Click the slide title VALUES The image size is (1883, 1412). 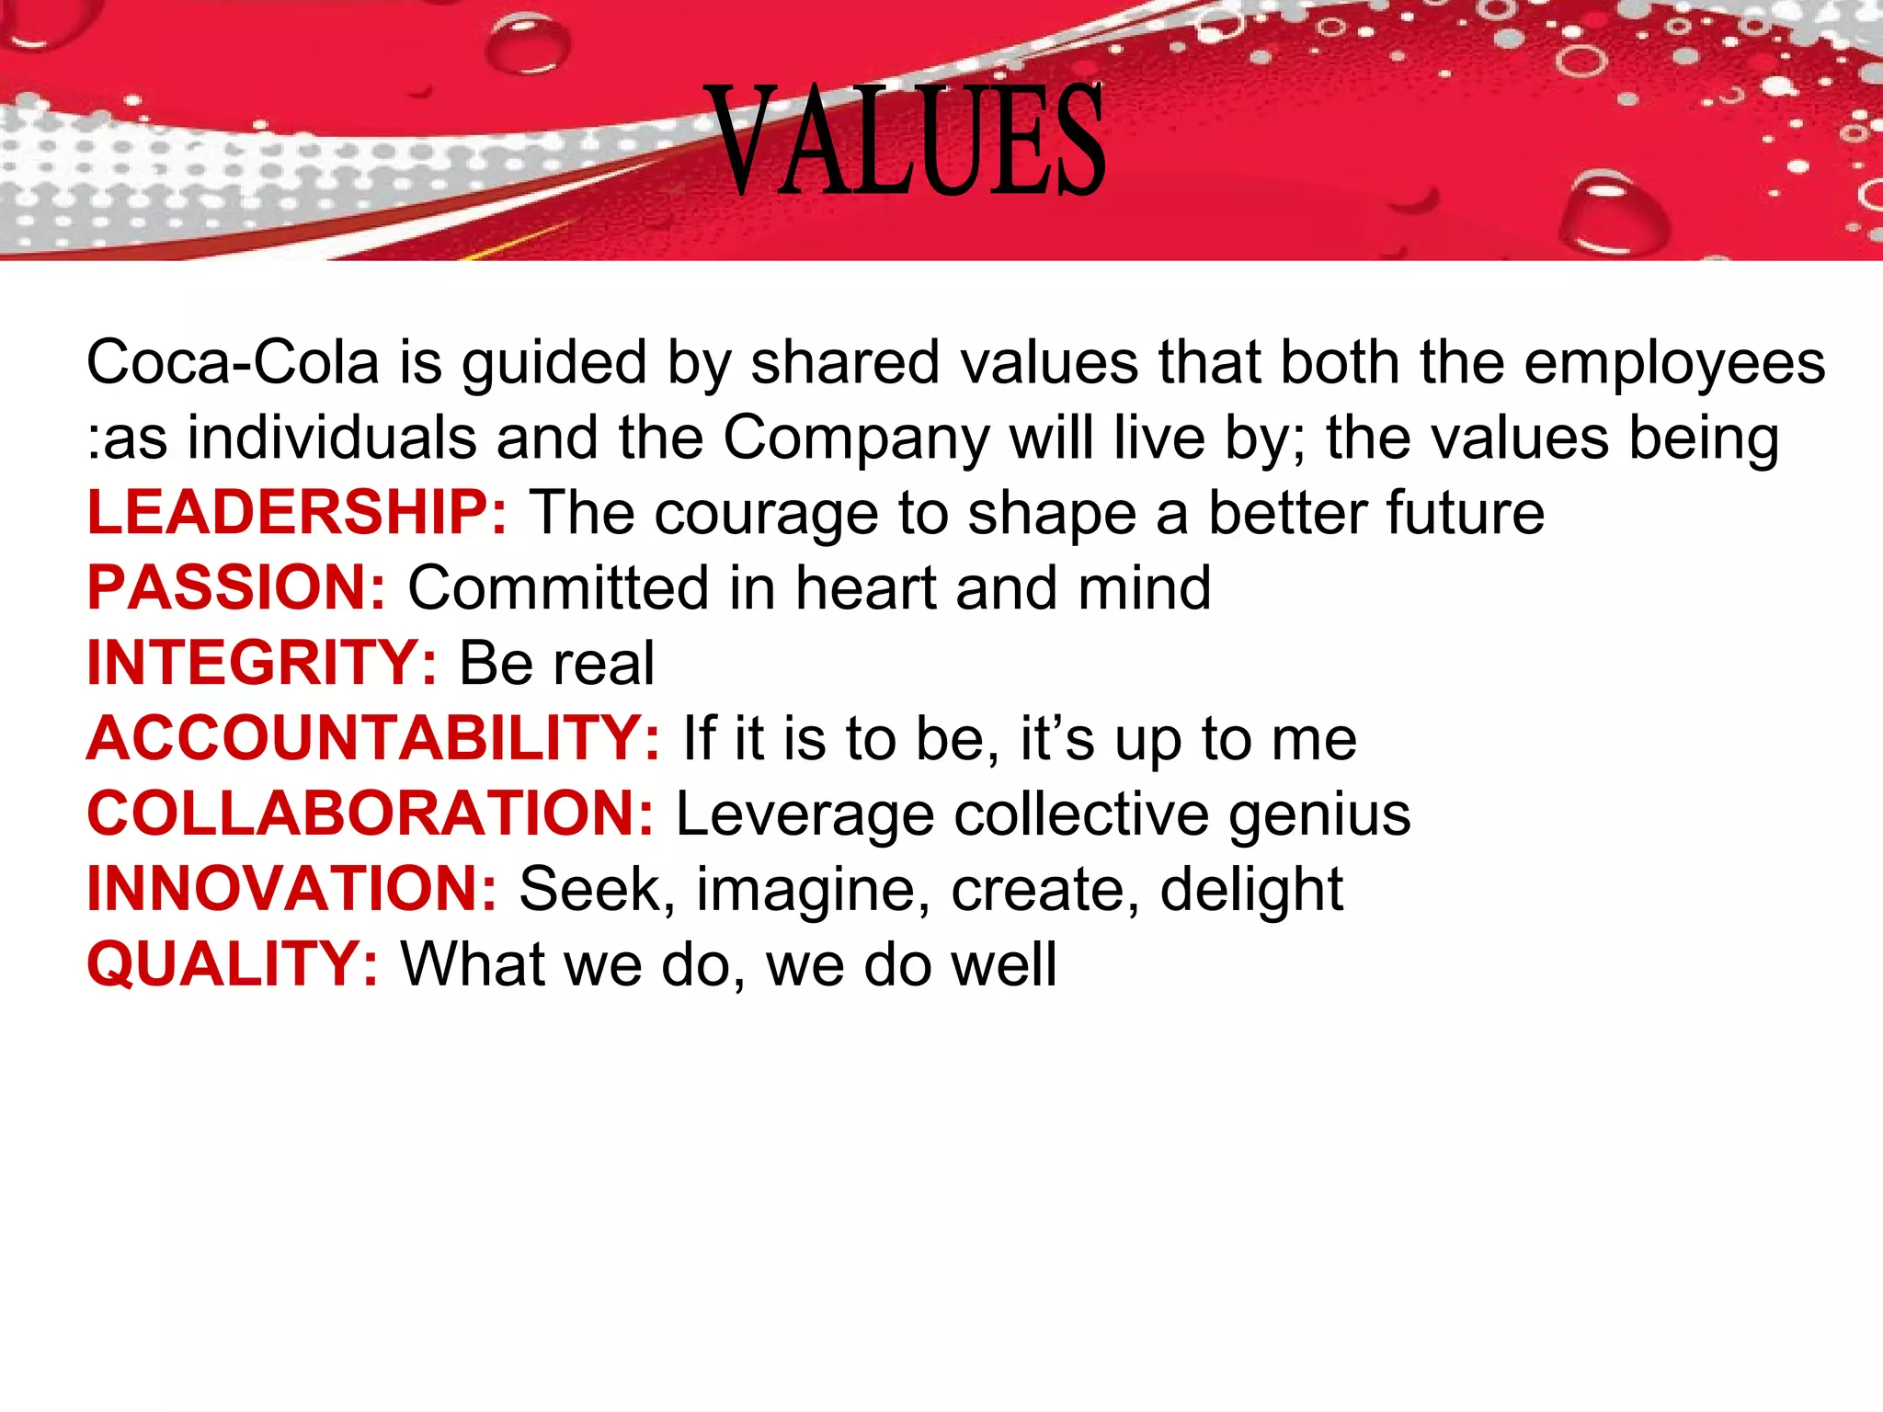pyautogui.click(x=907, y=140)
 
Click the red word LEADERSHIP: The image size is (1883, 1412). pyautogui.click(x=296, y=513)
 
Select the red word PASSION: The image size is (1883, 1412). pyautogui.click(x=236, y=588)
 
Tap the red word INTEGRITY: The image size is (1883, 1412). pyautogui.click(x=262, y=664)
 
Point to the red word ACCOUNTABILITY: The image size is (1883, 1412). pyautogui.click(x=373, y=739)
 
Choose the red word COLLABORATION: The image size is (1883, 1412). pyautogui.click(x=370, y=814)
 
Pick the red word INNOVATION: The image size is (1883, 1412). pyautogui.click(x=291, y=890)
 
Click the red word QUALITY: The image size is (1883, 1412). pyautogui.click(x=232, y=965)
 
